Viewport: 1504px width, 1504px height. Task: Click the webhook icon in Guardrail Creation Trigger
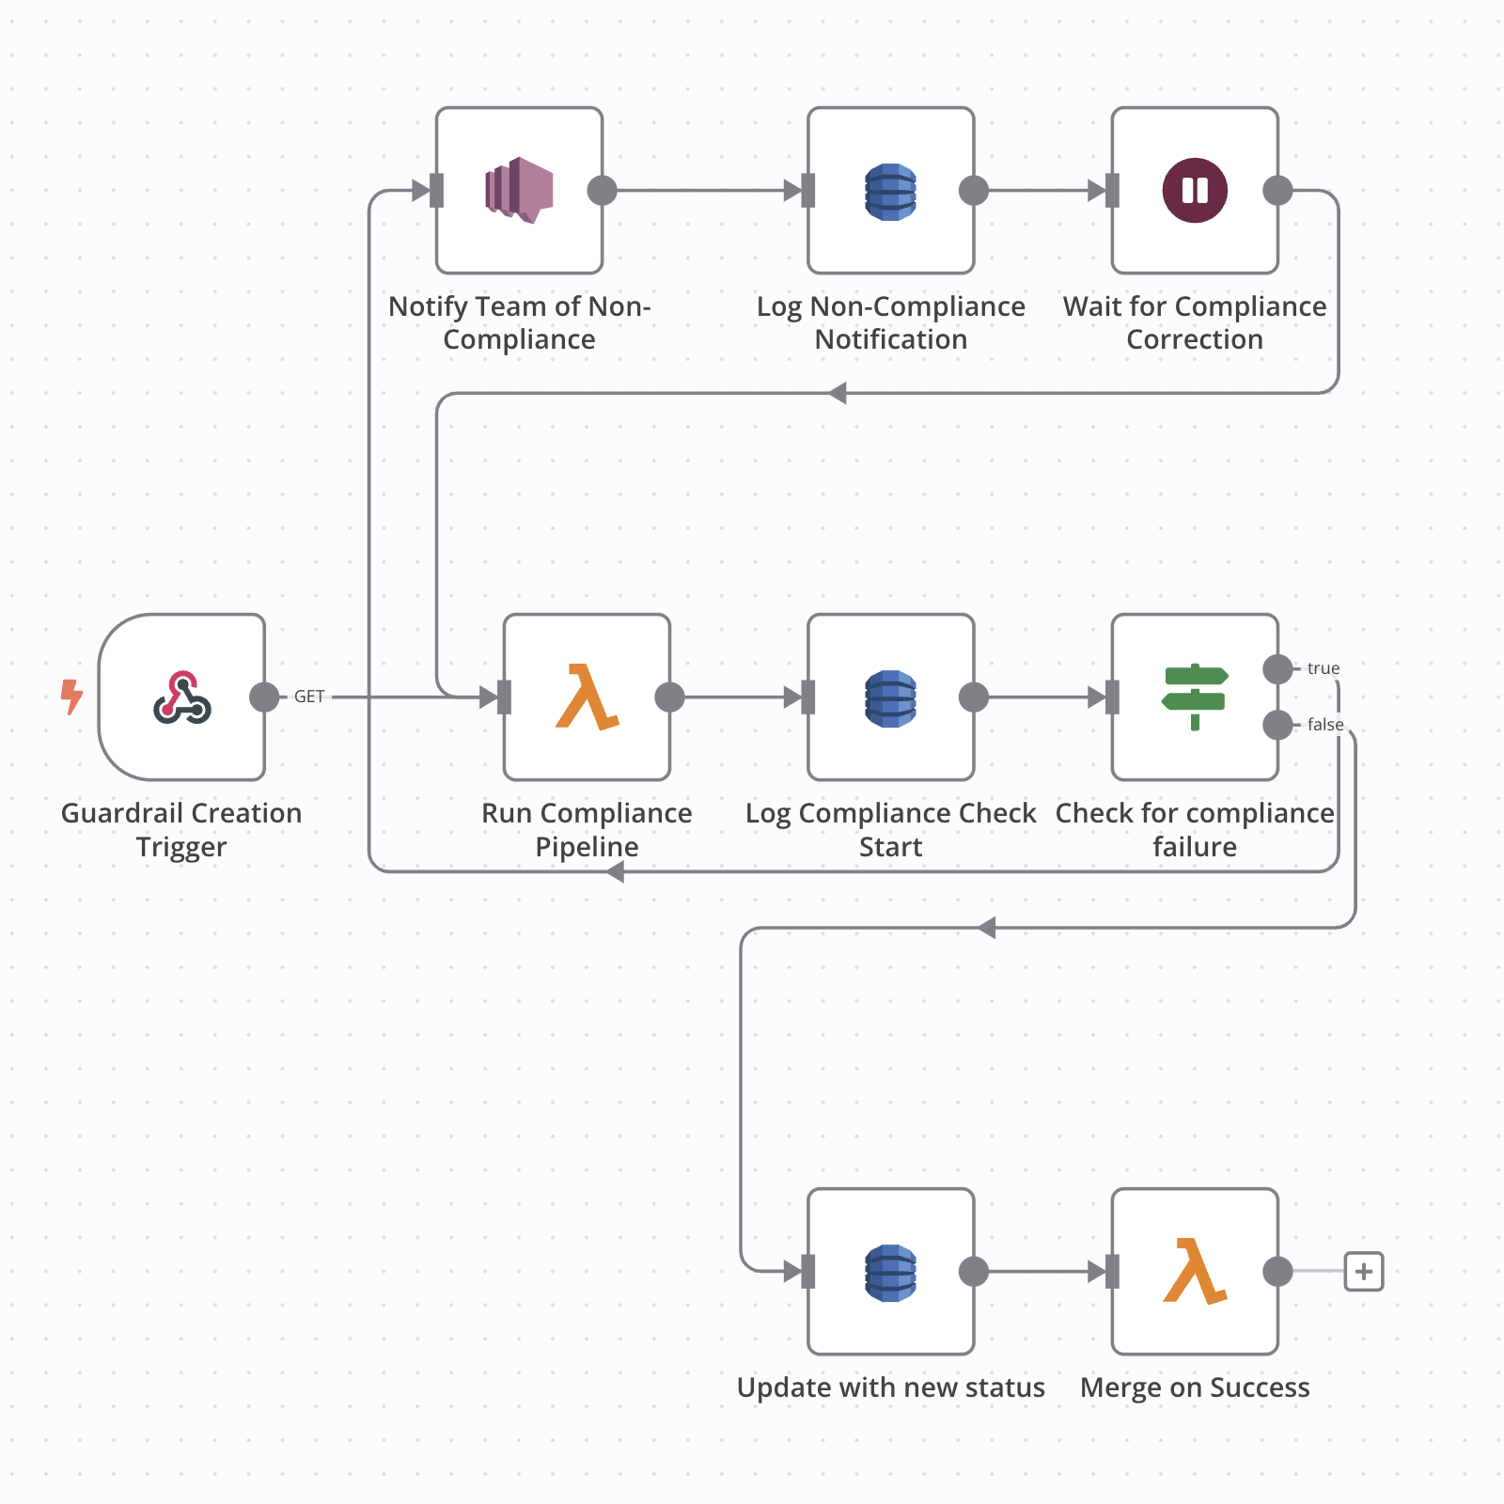pyautogui.click(x=182, y=697)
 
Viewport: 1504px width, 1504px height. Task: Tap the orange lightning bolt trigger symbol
pyautogui.click(x=71, y=697)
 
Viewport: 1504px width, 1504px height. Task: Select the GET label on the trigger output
pyautogui.click(x=309, y=697)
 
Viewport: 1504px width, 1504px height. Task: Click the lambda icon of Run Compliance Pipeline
pyautogui.click(x=587, y=697)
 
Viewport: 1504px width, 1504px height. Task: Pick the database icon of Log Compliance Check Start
pyautogui.click(x=890, y=697)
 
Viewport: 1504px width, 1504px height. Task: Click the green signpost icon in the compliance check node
pyautogui.click(x=1195, y=697)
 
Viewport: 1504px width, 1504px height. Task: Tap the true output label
pyautogui.click(x=1323, y=668)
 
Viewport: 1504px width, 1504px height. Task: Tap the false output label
pyautogui.click(x=1324, y=725)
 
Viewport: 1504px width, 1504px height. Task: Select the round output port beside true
pyautogui.click(x=1277, y=669)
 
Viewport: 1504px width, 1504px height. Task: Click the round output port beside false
pyautogui.click(x=1277, y=725)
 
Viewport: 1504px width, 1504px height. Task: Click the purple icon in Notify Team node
pyautogui.click(x=519, y=190)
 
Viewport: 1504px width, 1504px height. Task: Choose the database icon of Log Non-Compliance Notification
pyautogui.click(x=890, y=191)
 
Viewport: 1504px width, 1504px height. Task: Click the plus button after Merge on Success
pyautogui.click(x=1363, y=1272)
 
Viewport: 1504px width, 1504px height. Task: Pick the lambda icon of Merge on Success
pyautogui.click(x=1195, y=1271)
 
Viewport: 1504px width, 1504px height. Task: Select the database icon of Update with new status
pyautogui.click(x=890, y=1272)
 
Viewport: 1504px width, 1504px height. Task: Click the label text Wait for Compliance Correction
pyautogui.click(x=1195, y=322)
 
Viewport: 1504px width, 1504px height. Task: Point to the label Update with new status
pyautogui.click(x=890, y=1387)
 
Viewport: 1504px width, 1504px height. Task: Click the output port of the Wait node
pyautogui.click(x=1277, y=191)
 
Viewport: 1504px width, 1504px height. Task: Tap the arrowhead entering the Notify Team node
pyautogui.click(x=421, y=191)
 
